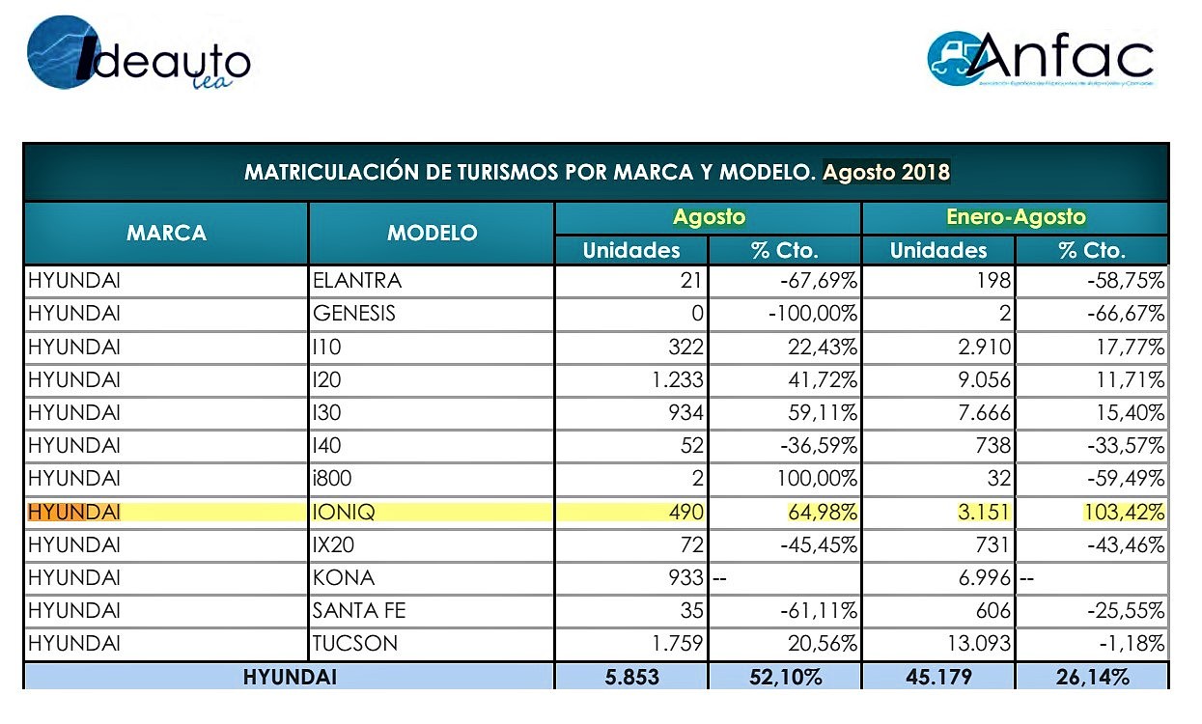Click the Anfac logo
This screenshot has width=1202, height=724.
point(1040,59)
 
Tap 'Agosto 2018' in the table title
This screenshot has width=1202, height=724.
point(886,172)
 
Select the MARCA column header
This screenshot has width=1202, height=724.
point(166,233)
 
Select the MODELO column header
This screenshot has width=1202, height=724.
point(432,233)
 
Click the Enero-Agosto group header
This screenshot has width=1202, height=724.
point(1016,217)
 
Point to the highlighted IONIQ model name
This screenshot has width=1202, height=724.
point(344,512)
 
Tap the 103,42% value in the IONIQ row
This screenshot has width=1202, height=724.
point(1124,512)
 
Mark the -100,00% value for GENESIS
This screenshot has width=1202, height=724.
point(813,314)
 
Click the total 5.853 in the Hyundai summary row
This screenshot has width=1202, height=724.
point(631,678)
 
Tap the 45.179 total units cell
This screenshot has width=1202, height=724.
point(938,678)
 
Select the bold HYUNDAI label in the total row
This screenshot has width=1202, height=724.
point(290,678)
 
